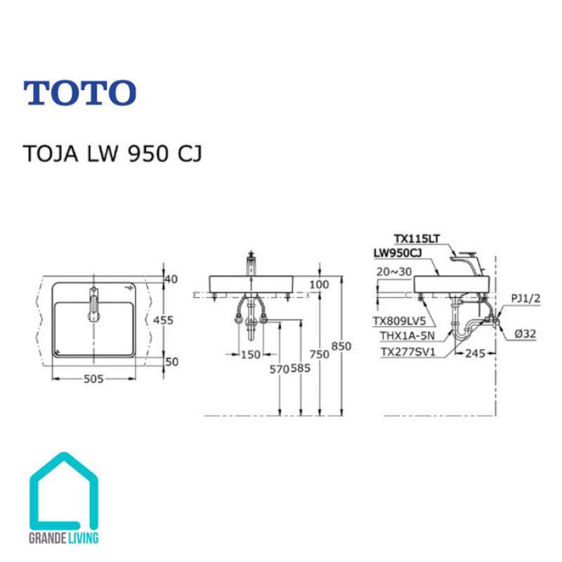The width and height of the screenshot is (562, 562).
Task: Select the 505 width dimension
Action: tap(93, 379)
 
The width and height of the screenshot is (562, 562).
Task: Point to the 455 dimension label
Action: tap(163, 320)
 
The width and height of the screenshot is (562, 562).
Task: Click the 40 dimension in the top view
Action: tap(171, 279)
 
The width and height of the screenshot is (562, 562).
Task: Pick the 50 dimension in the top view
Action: tap(171, 361)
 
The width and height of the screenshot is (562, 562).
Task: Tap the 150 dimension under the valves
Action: tap(251, 355)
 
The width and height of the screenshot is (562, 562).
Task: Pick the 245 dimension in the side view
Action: tap(475, 354)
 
